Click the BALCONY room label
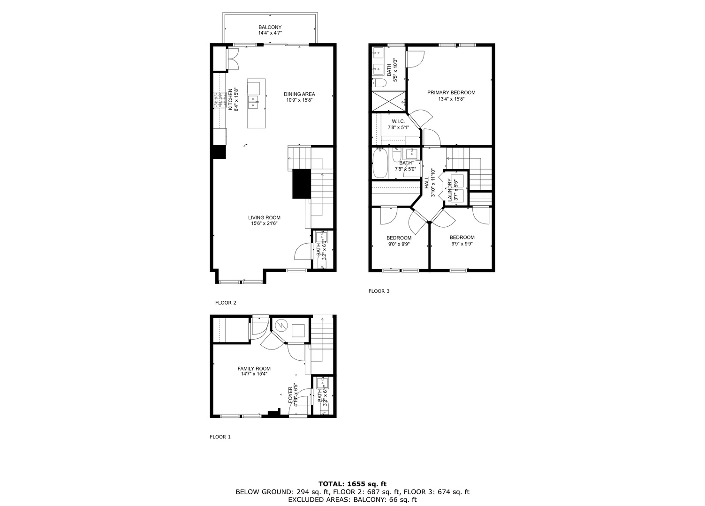click(270, 27)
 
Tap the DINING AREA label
click(299, 94)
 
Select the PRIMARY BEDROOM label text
click(451, 93)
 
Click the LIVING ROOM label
click(264, 217)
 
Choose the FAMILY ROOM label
click(254, 369)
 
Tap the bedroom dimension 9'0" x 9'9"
click(399, 244)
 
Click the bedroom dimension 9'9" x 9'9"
click(462, 244)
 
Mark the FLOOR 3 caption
click(379, 291)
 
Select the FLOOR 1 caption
click(220, 437)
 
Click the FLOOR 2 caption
click(226, 303)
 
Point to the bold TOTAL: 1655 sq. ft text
click(352, 484)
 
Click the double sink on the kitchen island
click(253, 102)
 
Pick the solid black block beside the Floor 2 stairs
click(301, 183)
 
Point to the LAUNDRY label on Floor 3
click(449, 190)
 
